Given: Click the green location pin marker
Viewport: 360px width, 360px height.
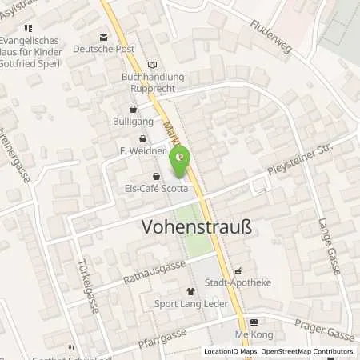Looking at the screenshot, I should [x=180, y=161].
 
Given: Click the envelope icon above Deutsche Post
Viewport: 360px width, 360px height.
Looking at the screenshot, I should [x=102, y=37].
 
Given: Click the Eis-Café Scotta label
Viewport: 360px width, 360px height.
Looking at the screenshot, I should [x=156, y=189].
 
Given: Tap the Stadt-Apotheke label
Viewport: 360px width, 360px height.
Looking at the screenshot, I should [x=237, y=282].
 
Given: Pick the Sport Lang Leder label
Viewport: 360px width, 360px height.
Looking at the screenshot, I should [x=190, y=303].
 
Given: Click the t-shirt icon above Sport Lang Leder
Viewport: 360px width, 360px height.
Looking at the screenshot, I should [x=190, y=292].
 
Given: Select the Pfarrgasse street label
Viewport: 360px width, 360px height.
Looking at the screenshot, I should [x=161, y=335].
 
